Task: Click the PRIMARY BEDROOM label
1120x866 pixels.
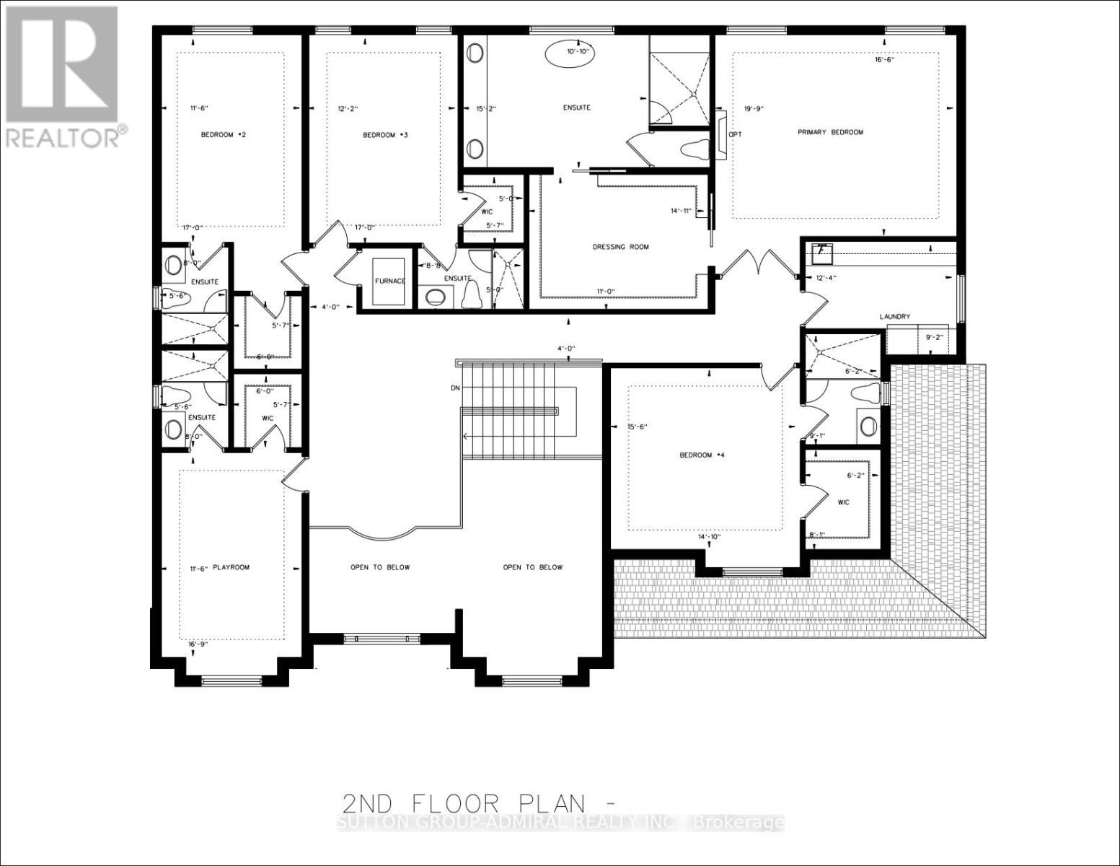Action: pyautogui.click(x=830, y=132)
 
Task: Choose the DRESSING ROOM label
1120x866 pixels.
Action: pyautogui.click(x=620, y=247)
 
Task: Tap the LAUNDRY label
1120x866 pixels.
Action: pyautogui.click(x=894, y=316)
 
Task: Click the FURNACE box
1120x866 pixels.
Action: pyautogui.click(x=390, y=281)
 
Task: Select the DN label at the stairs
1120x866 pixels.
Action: pyautogui.click(x=455, y=388)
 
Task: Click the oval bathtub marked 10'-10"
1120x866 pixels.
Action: pyautogui.click(x=568, y=52)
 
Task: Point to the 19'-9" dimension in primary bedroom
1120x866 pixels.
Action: pyautogui.click(x=754, y=109)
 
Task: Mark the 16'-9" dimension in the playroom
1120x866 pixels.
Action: pyautogui.click(x=198, y=644)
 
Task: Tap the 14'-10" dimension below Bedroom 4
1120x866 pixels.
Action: pyautogui.click(x=710, y=537)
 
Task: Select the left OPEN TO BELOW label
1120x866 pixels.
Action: pyautogui.click(x=380, y=567)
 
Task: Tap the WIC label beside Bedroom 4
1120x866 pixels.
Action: pyautogui.click(x=844, y=502)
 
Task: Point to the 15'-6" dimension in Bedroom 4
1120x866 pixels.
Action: pyautogui.click(x=638, y=427)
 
